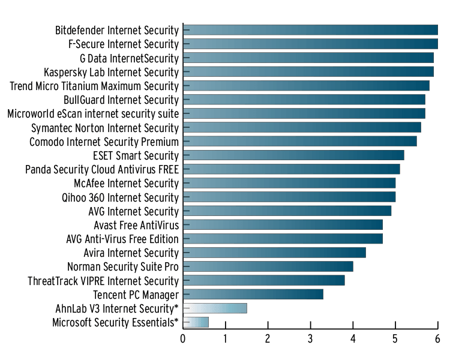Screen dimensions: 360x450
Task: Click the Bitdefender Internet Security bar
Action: (310, 30)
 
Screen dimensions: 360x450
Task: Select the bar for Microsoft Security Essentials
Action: (196, 322)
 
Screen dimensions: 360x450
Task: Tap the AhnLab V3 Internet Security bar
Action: (215, 308)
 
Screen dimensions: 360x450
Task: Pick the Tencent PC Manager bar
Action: (253, 294)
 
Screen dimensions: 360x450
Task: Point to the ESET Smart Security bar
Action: (293, 155)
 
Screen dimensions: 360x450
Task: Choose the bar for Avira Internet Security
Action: (274, 253)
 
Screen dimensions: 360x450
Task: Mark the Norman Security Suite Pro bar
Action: (268, 266)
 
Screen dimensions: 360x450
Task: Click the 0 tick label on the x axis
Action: (183, 340)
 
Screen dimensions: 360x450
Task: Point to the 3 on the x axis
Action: (310, 340)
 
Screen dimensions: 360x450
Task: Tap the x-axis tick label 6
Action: (437, 340)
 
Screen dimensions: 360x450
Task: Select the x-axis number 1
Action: (226, 340)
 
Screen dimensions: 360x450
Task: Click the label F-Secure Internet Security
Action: (124, 44)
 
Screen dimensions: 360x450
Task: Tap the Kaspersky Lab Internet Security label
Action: (111, 73)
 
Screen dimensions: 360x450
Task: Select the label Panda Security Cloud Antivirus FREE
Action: (102, 170)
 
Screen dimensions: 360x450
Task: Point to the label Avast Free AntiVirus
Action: (136, 225)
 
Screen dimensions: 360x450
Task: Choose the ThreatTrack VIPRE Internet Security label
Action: (103, 281)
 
